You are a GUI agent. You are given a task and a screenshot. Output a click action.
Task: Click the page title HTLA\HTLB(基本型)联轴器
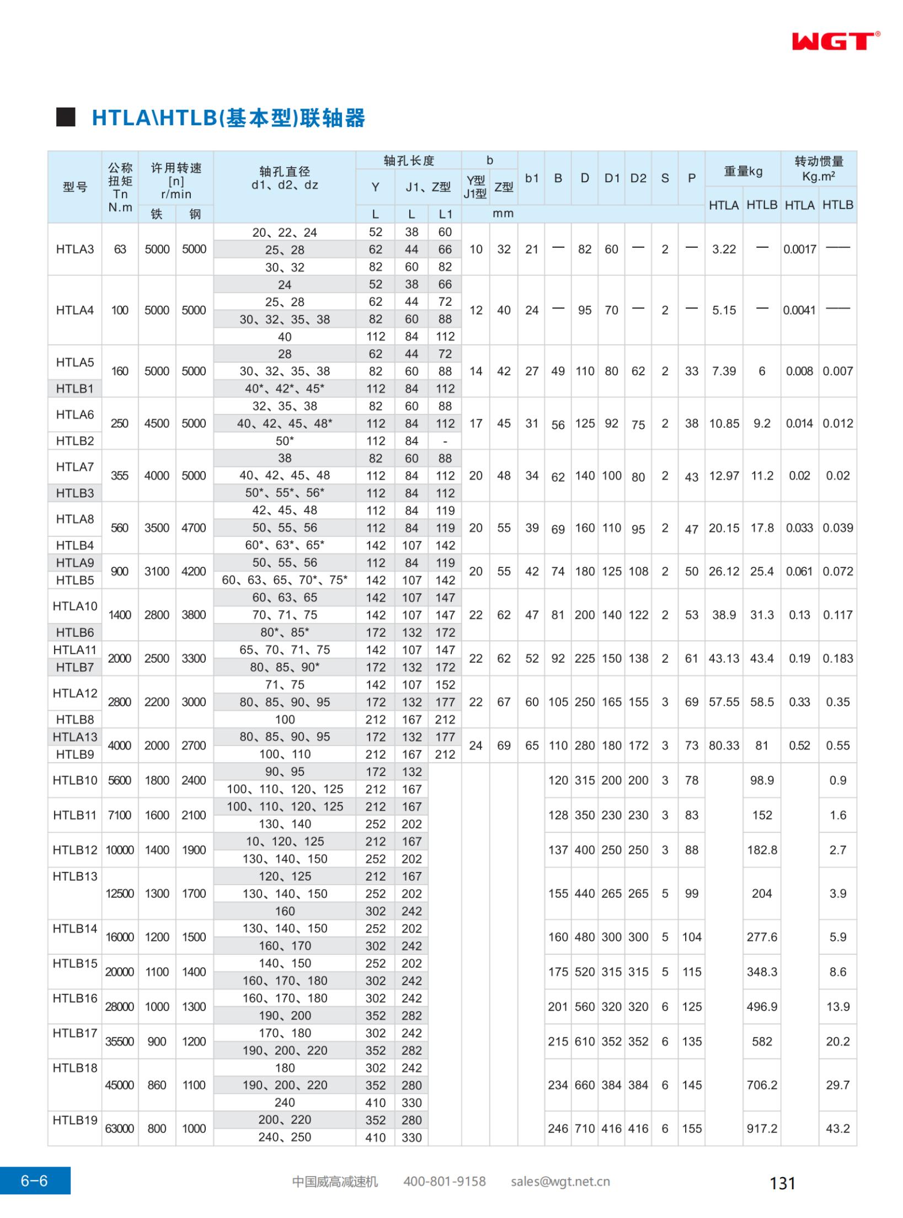[228, 118]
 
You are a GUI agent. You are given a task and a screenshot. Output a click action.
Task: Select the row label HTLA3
[74, 249]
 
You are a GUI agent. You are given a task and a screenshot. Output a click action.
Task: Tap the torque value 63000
[120, 1129]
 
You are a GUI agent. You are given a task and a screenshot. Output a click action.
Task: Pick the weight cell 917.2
[762, 1129]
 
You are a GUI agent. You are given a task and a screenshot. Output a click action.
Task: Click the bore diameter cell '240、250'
[285, 1137]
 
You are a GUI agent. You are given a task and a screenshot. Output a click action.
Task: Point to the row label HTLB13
[74, 876]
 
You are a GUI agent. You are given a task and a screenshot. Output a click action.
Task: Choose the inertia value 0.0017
[799, 249]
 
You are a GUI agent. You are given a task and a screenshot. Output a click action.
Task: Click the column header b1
[531, 178]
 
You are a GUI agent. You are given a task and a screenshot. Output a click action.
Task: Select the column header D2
[638, 178]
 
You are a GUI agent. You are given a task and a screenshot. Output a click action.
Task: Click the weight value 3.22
[724, 249]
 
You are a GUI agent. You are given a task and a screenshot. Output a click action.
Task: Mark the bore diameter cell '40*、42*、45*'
[285, 389]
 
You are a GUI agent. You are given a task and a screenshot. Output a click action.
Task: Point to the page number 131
[782, 1183]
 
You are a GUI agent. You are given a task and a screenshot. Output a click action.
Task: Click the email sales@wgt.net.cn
[560, 1182]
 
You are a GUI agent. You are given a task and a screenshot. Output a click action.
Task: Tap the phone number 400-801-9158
[444, 1182]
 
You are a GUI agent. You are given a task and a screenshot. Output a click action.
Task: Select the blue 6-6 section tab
[35, 1181]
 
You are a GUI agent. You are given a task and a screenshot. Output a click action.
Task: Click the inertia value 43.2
[837, 1129]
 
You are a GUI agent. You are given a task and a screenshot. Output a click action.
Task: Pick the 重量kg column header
[742, 172]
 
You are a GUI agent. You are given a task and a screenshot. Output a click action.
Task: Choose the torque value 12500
[120, 893]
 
